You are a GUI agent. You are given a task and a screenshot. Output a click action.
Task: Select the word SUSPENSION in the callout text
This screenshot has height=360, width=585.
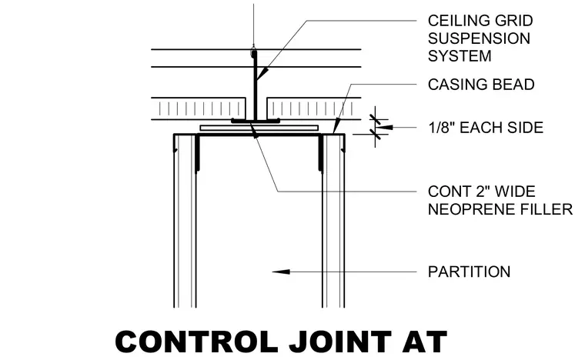[x=479, y=38]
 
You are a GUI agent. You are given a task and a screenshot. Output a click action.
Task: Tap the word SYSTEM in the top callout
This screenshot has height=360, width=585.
[x=460, y=56]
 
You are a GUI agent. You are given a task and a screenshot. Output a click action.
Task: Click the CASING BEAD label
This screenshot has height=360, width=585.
[x=481, y=85]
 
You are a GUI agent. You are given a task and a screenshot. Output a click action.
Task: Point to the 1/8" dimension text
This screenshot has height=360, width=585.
[x=441, y=128]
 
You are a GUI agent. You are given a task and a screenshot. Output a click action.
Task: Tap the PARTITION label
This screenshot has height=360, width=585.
[x=469, y=272]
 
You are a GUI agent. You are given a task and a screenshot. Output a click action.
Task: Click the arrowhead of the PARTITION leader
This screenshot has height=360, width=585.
[x=281, y=272]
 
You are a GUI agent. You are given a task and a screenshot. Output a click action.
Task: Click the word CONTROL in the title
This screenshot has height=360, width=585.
[x=196, y=342]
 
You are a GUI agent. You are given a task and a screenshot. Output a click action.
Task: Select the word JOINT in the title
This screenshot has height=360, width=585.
[x=340, y=342]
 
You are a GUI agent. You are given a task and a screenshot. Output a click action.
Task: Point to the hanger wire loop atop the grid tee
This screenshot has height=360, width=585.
[x=254, y=48]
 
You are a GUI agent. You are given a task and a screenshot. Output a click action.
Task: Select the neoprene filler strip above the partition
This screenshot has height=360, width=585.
[x=259, y=128]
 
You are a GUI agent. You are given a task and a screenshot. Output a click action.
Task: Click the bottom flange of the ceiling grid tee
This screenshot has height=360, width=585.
[x=256, y=121]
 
